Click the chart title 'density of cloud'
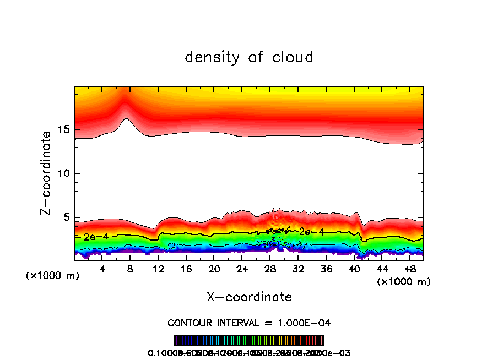tap(249, 57)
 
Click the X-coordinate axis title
tap(249, 297)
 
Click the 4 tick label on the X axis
tap(102, 269)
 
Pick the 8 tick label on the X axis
tap(131, 269)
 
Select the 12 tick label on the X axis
tap(158, 269)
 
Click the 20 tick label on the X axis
tap(214, 269)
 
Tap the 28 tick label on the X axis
tap(270, 269)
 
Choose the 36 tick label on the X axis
tap(326, 269)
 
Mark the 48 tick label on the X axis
tap(409, 269)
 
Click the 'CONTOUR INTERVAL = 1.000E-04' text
tap(249, 322)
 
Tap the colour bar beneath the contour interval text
tap(249, 340)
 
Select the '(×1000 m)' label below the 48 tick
tap(404, 282)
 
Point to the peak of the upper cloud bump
tap(126, 118)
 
